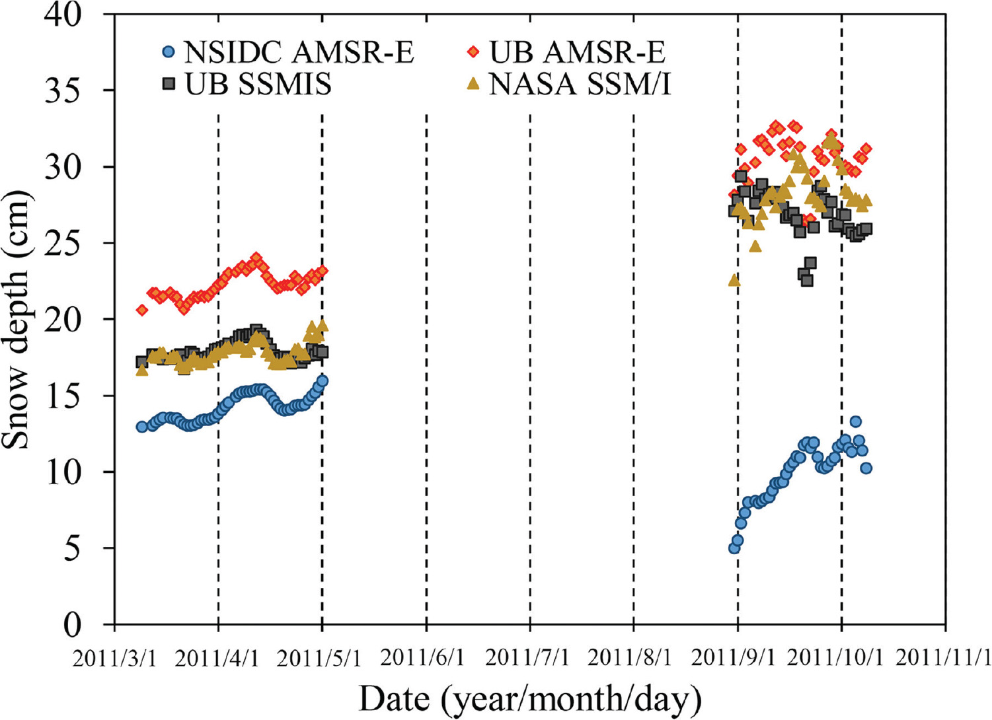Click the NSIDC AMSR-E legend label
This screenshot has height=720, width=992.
click(299, 52)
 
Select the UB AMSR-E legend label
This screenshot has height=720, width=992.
click(576, 52)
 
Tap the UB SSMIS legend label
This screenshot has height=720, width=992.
click(258, 84)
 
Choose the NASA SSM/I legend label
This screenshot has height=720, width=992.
click(580, 84)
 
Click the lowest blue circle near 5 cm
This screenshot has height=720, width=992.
click(734, 548)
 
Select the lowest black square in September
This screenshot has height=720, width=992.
click(807, 280)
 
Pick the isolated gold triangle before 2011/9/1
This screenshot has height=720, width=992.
click(734, 281)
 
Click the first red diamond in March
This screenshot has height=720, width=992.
click(141, 310)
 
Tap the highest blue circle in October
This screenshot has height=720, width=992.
click(855, 421)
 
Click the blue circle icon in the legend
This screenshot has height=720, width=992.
click(169, 52)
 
